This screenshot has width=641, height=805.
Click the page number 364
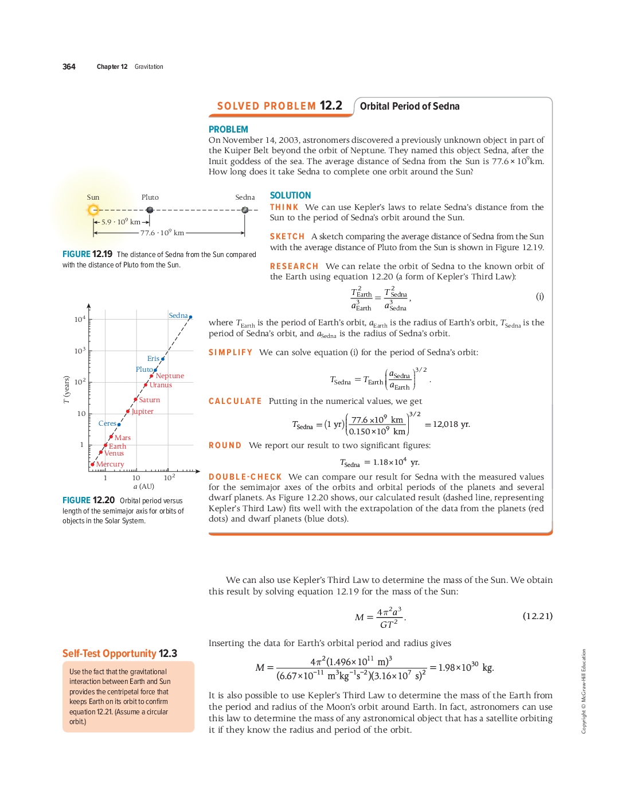click(69, 67)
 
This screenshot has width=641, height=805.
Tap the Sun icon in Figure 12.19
click(93, 210)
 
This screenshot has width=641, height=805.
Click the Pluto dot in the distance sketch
click(150, 210)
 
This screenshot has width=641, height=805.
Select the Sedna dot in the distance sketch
click(245, 210)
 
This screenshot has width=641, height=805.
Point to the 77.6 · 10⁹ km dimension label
click(162, 233)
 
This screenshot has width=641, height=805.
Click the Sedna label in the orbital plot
click(178, 316)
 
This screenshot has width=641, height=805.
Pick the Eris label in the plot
click(153, 359)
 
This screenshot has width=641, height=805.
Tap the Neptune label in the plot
click(170, 376)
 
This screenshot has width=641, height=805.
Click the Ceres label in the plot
click(107, 423)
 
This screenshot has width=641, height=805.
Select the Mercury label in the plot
click(110, 464)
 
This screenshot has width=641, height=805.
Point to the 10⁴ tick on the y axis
click(80, 320)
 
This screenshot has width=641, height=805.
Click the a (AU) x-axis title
click(144, 487)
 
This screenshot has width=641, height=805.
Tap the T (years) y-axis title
click(67, 390)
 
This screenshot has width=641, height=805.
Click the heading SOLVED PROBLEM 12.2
click(279, 106)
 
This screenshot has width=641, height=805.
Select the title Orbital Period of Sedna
click(409, 106)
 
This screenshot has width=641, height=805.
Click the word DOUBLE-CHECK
click(245, 477)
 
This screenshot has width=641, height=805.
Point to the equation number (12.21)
click(537, 616)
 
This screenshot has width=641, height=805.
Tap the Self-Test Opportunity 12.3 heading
click(119, 654)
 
